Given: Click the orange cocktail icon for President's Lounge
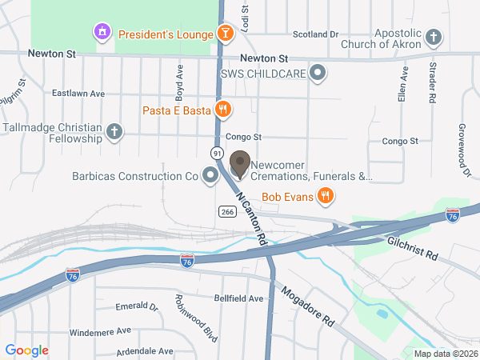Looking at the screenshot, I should pos(226,34).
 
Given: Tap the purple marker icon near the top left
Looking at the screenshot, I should pos(102,33).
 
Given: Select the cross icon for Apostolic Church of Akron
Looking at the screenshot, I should pos(433,37).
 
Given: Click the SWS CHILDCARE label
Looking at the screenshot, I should pos(265,74).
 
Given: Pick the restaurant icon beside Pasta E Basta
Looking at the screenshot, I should pos(223,109).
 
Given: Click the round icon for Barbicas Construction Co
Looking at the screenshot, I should pos(210,174).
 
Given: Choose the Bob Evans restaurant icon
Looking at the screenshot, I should pos(325,194).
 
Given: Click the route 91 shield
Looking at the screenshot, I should pos(218,152).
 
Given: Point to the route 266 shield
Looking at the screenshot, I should pos(226,210).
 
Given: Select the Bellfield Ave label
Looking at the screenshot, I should pos(238,298).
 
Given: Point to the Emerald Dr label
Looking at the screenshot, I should pos(137,306).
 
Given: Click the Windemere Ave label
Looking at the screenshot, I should pos(100,330).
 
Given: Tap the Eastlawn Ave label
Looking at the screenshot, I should pos(78,94).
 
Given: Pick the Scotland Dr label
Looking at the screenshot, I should pos(316,34).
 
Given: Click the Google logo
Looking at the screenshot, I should pos(27,350).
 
